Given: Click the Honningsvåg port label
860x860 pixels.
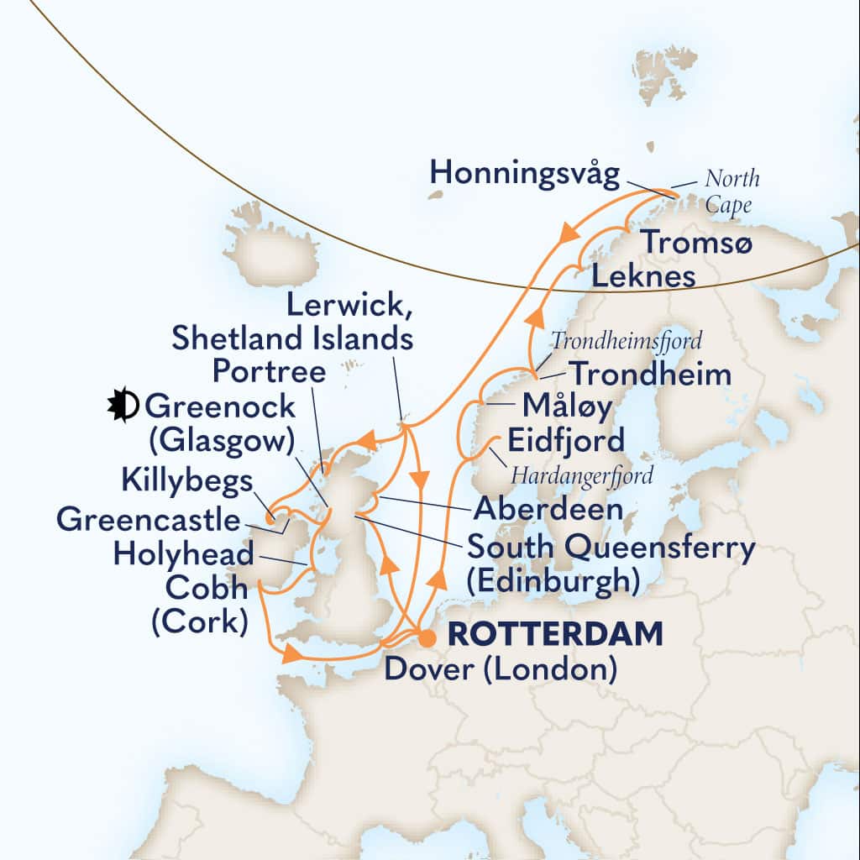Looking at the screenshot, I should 525,175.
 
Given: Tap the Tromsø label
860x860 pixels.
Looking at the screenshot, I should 696,243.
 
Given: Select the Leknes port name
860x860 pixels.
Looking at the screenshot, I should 643,275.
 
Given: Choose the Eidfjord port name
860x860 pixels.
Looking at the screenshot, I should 564,440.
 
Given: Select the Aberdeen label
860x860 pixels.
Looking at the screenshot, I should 548,508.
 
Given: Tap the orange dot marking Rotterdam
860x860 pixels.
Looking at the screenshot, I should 427,639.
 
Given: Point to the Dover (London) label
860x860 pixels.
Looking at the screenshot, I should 501,669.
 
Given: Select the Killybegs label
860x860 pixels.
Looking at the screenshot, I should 186,482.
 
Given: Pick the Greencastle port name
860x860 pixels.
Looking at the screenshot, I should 148,520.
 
